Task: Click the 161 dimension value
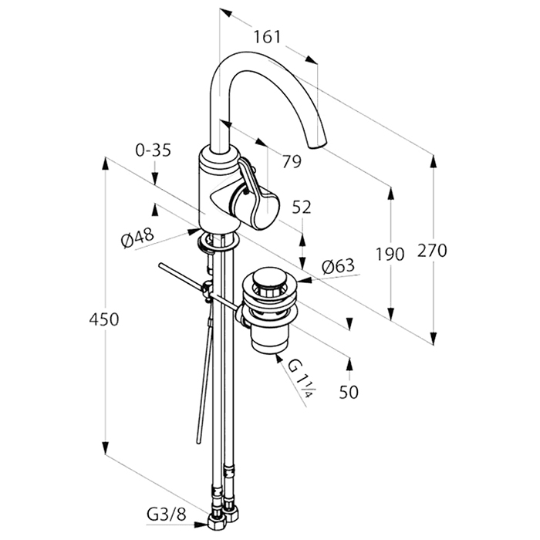coord(266,37)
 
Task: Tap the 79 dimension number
coord(291,161)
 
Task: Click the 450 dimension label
coord(104,319)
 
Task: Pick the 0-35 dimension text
coord(152,151)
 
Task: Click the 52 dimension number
coord(302,208)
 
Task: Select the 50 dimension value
coord(349,393)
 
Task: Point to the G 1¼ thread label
coord(300,380)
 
